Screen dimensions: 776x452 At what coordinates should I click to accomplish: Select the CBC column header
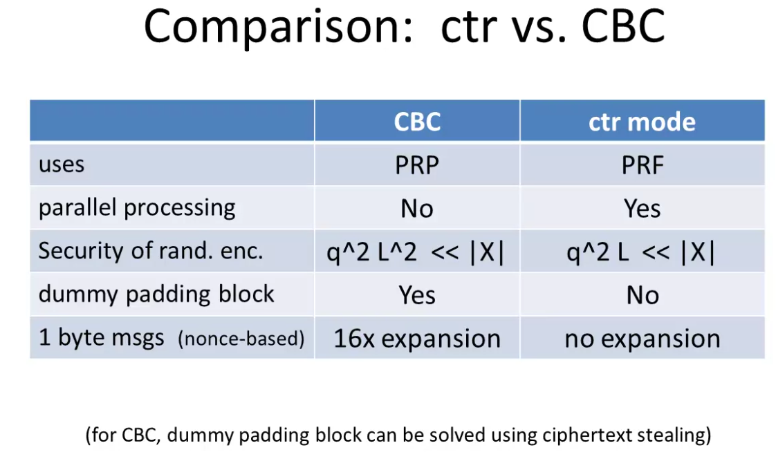coord(417,122)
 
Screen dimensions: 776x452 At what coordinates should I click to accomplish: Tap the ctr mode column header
coord(642,122)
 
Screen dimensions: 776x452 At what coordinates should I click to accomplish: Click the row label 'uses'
coord(62,164)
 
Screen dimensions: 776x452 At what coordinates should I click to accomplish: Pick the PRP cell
coord(417,165)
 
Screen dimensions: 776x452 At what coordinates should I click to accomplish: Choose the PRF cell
coord(643,165)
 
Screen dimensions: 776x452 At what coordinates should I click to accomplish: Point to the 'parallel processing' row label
coord(137,208)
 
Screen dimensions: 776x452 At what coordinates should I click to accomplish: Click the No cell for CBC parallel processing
coord(417,209)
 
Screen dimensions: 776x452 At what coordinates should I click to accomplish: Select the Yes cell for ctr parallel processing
coord(642,209)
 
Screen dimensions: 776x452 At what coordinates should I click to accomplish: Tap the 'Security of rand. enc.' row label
coord(151,251)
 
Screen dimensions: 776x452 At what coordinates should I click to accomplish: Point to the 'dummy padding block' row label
coord(156,294)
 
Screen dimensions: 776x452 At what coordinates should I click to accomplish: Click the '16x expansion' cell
coord(417,339)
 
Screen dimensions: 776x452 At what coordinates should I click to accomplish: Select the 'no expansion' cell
coord(643,339)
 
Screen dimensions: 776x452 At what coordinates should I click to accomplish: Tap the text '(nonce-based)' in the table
coord(241,339)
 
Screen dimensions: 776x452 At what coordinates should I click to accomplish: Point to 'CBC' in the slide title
coord(622,27)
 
